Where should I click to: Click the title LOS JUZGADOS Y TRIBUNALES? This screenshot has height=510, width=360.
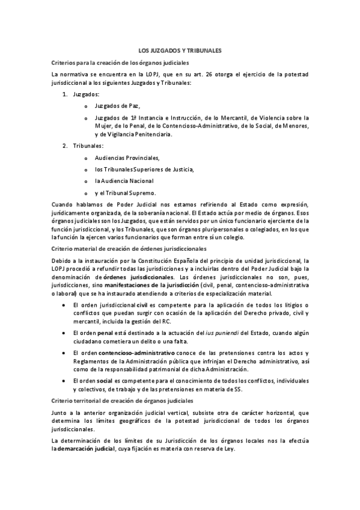click(x=180, y=52)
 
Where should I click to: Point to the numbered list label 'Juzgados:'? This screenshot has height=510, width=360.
click(x=87, y=94)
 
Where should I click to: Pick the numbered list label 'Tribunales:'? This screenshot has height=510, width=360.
click(x=88, y=146)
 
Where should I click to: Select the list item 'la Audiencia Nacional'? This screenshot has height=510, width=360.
click(x=124, y=180)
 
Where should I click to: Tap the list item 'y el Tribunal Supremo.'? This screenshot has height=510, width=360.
click(x=125, y=192)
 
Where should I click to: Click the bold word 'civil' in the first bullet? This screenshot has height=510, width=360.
click(x=142, y=306)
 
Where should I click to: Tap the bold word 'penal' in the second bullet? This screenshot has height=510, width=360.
click(x=106, y=332)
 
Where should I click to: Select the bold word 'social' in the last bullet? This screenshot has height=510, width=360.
click(x=105, y=381)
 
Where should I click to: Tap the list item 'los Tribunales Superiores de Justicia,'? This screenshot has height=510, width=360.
click(x=144, y=169)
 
